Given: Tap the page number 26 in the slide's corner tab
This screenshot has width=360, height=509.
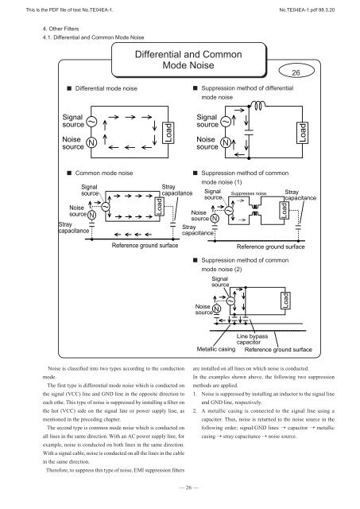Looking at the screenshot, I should (x=316, y=72).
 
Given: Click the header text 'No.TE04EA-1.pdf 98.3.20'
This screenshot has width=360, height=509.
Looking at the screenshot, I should (x=313, y=6).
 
